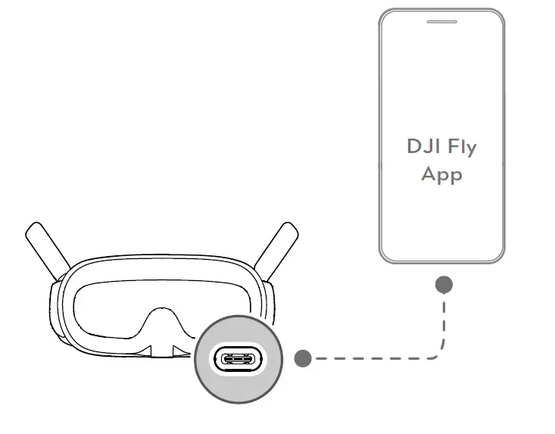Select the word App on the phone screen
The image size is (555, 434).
coord(441,175)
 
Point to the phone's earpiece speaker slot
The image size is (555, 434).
coord(441,22)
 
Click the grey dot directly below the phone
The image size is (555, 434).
coord(444,285)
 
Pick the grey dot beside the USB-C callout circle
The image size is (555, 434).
coord(303,358)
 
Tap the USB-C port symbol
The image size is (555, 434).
coord(238,359)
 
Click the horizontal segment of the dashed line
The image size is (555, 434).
coord(371,358)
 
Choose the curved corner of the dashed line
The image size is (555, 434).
coord(439,353)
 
